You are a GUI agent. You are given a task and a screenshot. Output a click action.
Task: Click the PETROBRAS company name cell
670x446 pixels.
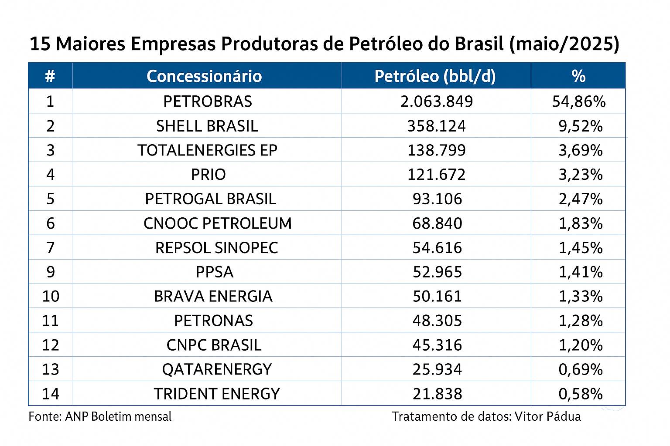click(x=208, y=101)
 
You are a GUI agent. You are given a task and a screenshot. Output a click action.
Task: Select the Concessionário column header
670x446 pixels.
click(x=204, y=76)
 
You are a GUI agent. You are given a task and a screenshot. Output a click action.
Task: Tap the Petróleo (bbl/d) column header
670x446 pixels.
click(x=435, y=76)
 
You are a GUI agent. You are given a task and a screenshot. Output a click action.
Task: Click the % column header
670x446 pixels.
click(x=578, y=76)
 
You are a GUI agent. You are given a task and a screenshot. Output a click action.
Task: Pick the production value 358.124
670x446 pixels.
click(x=436, y=126)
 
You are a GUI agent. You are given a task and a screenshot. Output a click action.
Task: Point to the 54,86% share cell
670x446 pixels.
click(x=579, y=101)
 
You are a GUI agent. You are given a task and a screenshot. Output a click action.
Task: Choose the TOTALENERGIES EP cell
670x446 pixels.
click(x=208, y=150)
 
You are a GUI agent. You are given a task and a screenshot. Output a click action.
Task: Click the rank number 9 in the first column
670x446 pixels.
click(x=50, y=272)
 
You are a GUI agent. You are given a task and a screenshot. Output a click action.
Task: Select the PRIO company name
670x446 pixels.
click(x=208, y=175)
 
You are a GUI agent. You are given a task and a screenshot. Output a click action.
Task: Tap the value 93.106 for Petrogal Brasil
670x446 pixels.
click(x=437, y=199)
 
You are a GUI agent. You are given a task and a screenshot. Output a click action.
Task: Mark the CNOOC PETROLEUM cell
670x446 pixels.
click(x=217, y=223)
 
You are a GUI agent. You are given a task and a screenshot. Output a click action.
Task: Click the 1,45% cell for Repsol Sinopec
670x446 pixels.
click(x=581, y=248)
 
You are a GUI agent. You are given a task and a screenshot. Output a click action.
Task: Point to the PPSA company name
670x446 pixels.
click(x=214, y=272)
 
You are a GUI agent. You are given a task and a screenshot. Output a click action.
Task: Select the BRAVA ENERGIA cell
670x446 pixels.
click(x=213, y=297)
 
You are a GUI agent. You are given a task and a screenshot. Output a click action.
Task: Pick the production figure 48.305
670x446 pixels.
click(x=437, y=321)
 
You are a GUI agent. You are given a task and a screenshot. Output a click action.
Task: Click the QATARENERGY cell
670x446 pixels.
click(x=217, y=369)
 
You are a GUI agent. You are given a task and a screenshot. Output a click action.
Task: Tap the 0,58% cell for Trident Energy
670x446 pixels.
click(x=581, y=394)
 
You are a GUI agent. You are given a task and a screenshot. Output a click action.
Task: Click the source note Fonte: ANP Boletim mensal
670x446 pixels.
click(x=100, y=416)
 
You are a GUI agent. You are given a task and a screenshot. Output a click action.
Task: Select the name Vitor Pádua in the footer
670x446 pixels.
click(x=548, y=416)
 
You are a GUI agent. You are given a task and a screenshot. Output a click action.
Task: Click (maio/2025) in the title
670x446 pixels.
click(x=564, y=44)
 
